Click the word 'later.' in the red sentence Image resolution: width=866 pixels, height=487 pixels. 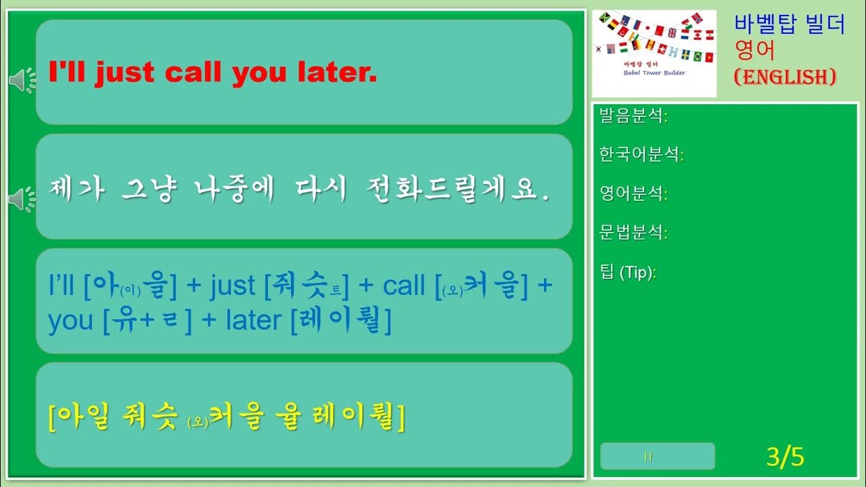point(337,73)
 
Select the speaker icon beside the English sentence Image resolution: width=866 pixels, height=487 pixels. point(22,81)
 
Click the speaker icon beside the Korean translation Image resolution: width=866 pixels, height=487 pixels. point(22,198)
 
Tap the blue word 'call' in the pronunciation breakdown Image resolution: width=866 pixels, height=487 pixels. point(404,286)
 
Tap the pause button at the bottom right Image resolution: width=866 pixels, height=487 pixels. point(657,457)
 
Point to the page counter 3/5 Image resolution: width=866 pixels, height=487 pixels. point(785,457)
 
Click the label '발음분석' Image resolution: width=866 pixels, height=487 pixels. point(631,116)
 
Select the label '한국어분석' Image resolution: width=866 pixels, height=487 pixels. point(639,155)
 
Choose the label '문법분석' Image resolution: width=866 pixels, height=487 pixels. point(631,233)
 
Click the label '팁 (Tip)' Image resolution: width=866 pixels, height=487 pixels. point(626,273)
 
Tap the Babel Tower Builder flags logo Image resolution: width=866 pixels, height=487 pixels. point(654,53)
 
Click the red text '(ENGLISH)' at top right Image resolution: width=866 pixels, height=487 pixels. point(785,76)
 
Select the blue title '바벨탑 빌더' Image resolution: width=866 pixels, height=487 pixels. point(790,25)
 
